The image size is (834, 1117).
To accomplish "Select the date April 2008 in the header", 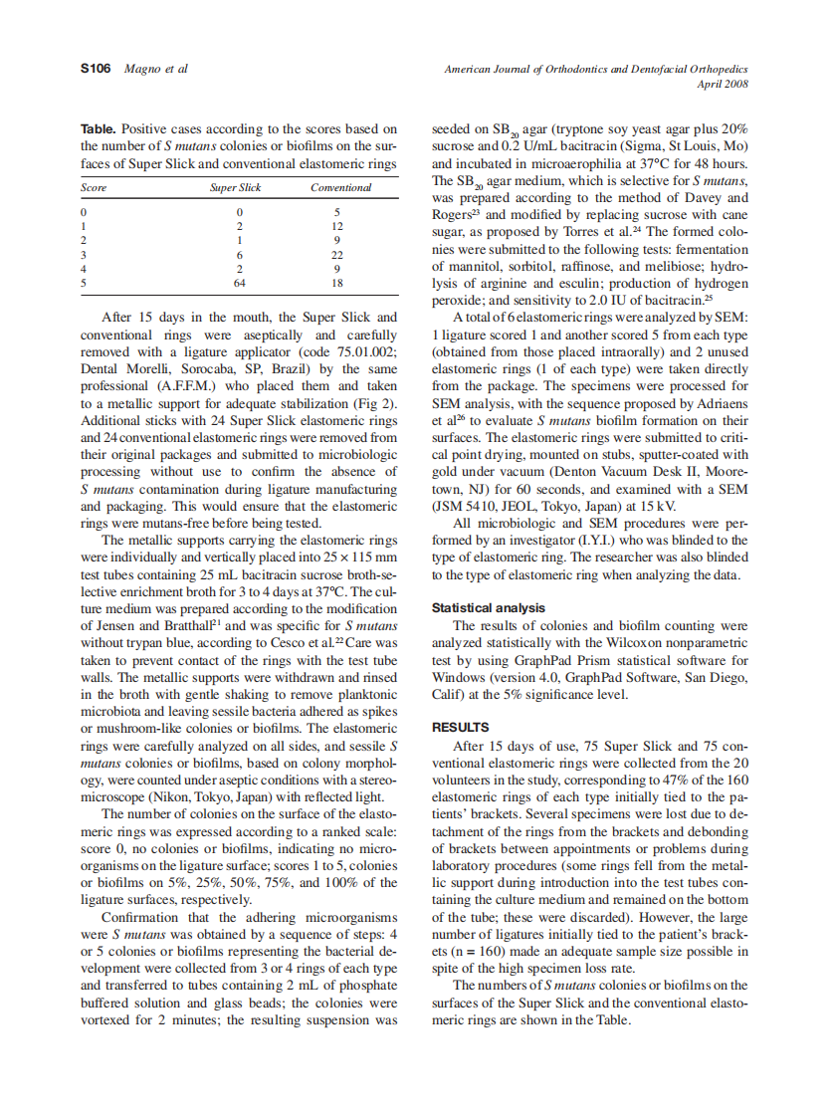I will click(723, 84).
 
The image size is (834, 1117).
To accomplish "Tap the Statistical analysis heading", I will click(488, 607).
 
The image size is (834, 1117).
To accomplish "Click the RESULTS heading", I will click(460, 727).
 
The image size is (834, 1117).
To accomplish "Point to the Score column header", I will click(94, 187).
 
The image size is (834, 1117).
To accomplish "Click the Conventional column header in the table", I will click(340, 187).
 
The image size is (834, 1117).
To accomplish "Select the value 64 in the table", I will click(239, 283).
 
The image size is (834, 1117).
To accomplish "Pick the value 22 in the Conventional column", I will click(338, 255).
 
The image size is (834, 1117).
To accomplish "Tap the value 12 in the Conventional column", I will click(338, 227).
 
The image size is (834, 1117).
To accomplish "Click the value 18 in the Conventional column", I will click(338, 283).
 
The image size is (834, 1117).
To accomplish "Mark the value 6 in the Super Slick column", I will click(239, 255).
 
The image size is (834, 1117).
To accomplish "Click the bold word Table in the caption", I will click(99, 129).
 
